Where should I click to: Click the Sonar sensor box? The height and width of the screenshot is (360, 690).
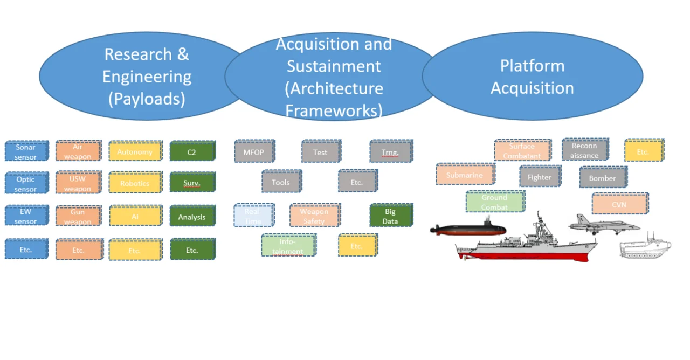pos(26,151)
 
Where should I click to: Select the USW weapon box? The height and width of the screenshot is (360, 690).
pos(78,183)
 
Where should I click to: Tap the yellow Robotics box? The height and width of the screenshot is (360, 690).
pos(135,183)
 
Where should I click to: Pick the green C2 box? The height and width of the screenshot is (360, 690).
pos(192,151)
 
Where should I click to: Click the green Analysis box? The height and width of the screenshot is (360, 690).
pos(192,217)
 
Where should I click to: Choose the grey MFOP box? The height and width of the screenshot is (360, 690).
pos(254,151)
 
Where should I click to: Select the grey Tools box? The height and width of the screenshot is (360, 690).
pos(281,182)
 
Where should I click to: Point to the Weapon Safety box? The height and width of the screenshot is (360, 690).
pos(314,216)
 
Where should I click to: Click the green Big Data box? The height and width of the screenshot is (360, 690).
pos(391,216)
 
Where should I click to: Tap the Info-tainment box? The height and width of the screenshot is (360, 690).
pos(288,245)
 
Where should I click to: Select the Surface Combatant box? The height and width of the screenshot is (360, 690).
pos(522,150)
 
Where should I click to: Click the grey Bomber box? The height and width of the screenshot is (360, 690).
pos(603,177)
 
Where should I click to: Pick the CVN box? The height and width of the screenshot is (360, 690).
pos(619,204)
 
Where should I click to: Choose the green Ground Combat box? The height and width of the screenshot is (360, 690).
pos(494,202)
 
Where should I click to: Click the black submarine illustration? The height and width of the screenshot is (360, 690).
pos(468,230)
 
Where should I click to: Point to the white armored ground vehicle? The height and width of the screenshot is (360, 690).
pos(645,249)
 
